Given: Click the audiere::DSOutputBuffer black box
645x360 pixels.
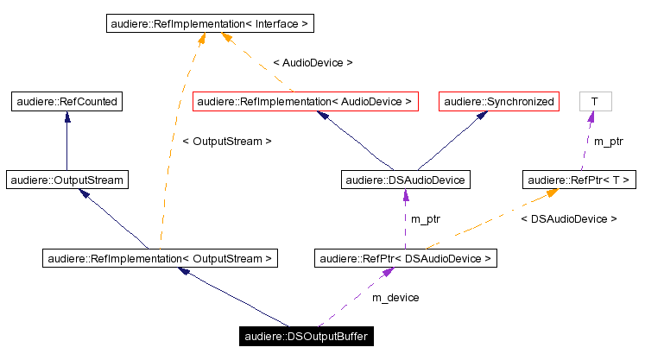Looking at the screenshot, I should pos(307,336).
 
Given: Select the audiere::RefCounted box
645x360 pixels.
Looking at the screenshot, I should pos(66,102).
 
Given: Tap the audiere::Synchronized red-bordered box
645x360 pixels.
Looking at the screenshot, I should pos(499,102).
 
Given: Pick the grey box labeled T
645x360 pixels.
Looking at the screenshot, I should pos(594,102).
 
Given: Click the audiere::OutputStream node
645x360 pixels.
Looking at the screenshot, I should pos(66,180).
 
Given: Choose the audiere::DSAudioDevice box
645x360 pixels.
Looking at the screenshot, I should pos(405,180).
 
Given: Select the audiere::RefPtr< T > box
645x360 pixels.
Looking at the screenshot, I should pos(578,180).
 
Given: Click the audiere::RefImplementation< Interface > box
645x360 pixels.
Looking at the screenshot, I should pos(209,24).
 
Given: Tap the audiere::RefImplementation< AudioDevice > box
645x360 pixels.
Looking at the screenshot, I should pos(305,102).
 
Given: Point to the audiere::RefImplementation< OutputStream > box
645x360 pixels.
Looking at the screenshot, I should pos(160,257).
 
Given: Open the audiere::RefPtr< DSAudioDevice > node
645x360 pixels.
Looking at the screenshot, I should pos(405,257).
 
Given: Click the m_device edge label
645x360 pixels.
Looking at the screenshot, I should pos(395,297).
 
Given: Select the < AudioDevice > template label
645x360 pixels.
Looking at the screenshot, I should pos(312,63).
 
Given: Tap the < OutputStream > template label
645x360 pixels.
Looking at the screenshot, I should pos(227,141).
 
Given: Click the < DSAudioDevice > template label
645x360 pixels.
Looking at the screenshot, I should pos(568,219).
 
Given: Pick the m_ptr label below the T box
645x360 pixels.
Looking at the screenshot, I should pos(608,141).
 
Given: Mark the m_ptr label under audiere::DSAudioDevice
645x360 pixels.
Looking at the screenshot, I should pos(425,219).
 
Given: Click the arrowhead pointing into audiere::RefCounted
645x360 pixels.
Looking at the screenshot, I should pos(66,117).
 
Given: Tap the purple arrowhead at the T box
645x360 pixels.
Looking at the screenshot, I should pos(593,117).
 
